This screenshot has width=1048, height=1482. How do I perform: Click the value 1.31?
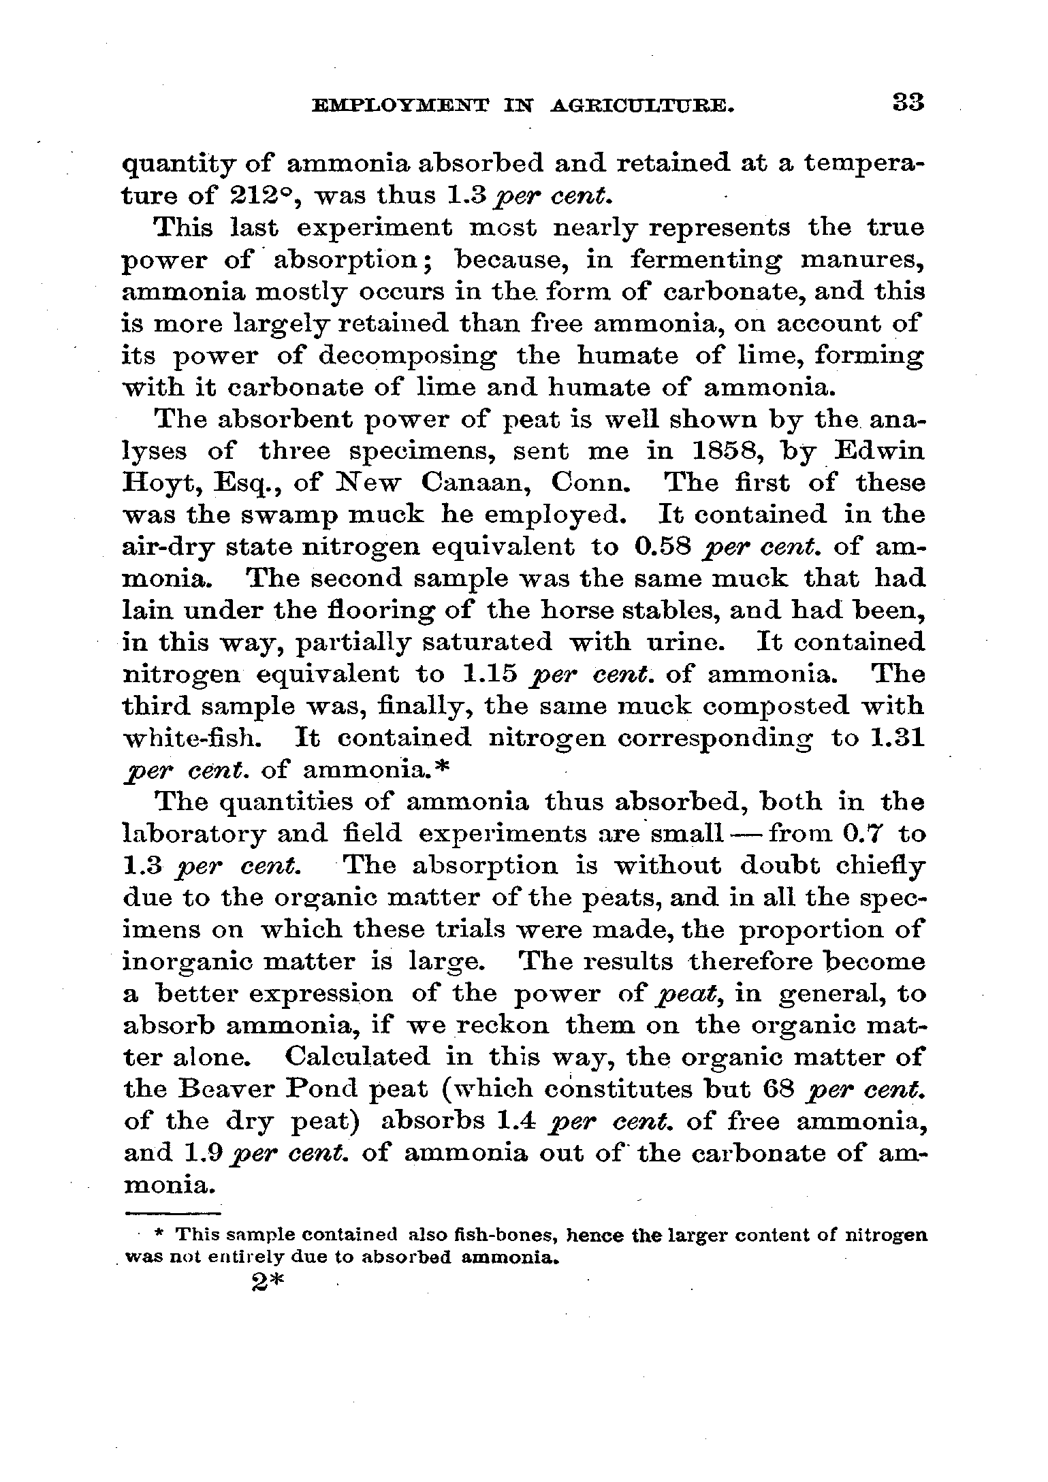click(x=898, y=739)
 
